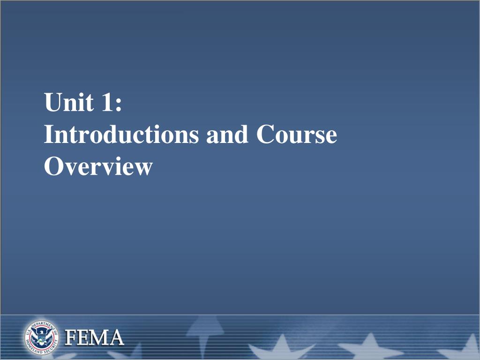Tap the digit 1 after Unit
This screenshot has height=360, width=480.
[104, 103]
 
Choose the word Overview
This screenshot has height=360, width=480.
[98, 166]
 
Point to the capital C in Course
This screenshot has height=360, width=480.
[266, 135]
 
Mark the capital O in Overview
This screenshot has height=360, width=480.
[53, 166]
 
